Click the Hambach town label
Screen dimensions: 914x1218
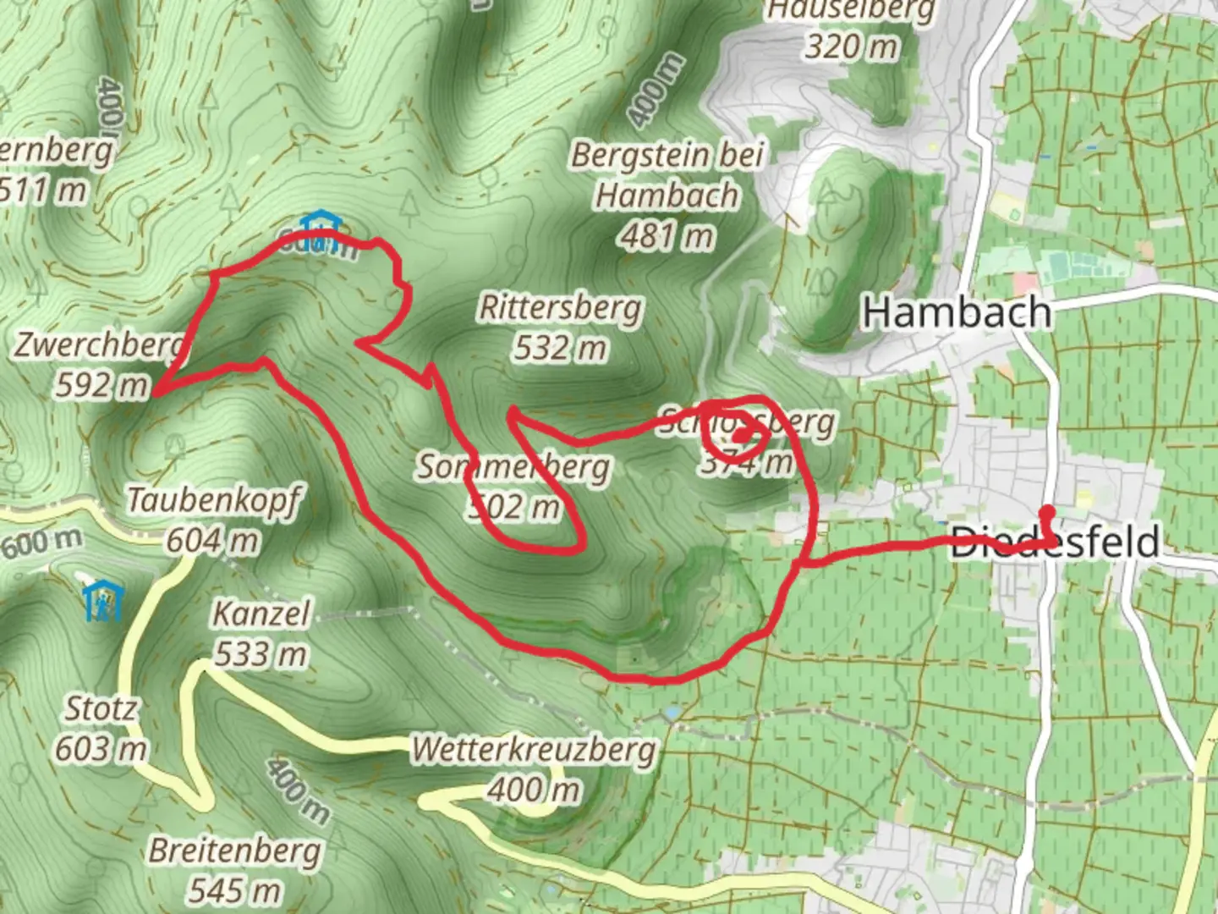pos(957,313)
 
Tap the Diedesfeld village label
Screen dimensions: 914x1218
pos(1055,542)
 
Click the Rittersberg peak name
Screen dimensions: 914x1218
pos(560,308)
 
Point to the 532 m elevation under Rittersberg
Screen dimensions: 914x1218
pos(560,348)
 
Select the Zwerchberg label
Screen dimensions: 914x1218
pos(100,345)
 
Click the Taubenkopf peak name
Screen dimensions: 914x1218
pos(213,500)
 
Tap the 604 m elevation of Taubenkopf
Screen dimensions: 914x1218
pos(213,540)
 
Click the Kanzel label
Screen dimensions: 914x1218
pos(261,614)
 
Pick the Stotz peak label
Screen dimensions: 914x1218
pos(101,708)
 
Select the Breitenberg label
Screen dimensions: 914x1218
pos(234,851)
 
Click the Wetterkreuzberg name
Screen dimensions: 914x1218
pos(534,750)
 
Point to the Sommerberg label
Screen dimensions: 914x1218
pos(513,467)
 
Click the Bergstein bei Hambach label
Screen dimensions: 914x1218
pos(667,175)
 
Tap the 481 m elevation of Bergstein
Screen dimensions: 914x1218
pos(667,236)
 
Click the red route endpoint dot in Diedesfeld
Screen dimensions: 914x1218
pos(1047,511)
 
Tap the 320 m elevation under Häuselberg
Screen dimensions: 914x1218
pos(851,46)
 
